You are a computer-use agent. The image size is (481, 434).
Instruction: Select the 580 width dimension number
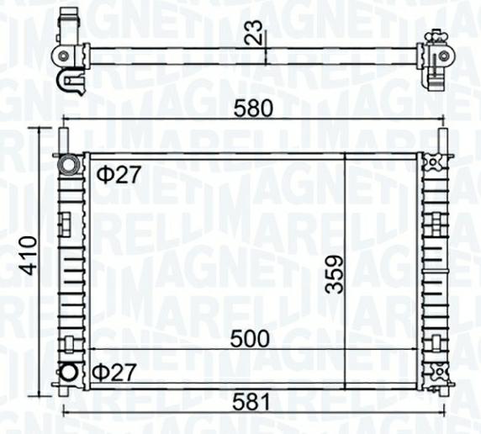252,108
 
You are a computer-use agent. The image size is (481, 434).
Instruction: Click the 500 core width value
251,338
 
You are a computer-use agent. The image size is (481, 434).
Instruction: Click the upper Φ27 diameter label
118,175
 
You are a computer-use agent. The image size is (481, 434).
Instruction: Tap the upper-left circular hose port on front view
67,164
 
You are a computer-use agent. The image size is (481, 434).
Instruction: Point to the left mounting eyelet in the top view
64,56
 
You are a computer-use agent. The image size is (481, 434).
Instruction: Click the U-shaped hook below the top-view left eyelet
67,82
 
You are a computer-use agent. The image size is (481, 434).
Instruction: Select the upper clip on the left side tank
64,223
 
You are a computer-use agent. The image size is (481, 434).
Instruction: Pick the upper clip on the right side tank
436,222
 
